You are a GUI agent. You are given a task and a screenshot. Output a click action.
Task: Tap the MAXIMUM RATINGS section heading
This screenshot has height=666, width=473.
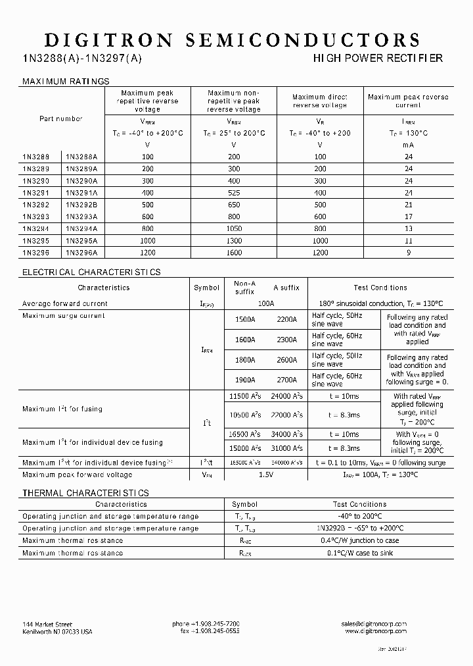pos(66,82)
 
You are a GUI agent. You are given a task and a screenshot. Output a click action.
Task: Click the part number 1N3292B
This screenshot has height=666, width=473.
pos(81,205)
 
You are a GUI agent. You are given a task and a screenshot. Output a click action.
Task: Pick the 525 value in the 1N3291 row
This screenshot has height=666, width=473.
pos(233,193)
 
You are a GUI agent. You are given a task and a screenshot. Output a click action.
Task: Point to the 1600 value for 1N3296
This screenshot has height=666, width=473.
pos(233,252)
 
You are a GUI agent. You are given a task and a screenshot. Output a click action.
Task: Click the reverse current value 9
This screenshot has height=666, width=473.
pos(408,252)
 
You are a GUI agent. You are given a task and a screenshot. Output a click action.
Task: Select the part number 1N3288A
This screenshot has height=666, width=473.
pos(81,157)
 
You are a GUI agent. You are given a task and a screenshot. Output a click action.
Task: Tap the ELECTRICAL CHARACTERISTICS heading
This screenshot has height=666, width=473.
pos(91,272)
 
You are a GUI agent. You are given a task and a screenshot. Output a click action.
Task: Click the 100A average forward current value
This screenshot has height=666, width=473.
pos(265,303)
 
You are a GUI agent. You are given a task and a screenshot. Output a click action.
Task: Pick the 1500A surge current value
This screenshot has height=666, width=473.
pos(244,319)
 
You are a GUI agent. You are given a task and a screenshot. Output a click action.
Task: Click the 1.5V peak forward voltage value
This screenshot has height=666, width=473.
pos(265,474)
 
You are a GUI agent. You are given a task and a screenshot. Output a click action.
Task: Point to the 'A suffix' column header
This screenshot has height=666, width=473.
pos(286,288)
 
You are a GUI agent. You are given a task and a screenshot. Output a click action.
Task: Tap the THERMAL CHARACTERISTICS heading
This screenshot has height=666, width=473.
pos(85,493)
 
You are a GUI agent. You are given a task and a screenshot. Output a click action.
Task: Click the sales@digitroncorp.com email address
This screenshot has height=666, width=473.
pos(374,624)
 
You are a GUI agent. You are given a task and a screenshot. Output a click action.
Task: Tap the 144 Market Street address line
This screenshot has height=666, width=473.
pos(47,624)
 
